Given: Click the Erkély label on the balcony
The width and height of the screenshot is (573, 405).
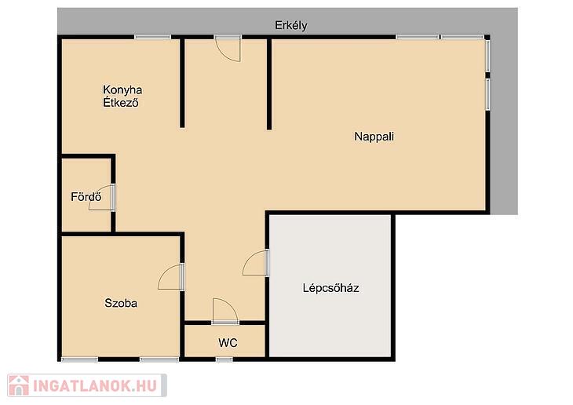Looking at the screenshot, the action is pyautogui.click(x=291, y=26).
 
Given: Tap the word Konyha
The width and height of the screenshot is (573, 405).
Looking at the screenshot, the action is pyautogui.click(x=122, y=90).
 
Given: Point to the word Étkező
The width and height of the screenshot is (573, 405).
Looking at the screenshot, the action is pyautogui.click(x=121, y=102).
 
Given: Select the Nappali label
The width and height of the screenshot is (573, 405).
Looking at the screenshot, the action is pyautogui.click(x=374, y=137).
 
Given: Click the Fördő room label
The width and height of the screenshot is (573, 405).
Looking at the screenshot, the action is pyautogui.click(x=86, y=197).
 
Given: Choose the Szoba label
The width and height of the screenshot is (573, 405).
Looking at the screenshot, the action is pyautogui.click(x=121, y=303).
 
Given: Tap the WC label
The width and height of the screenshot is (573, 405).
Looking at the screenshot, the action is pyautogui.click(x=228, y=343).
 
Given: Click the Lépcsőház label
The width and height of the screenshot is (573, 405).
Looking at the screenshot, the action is pyautogui.click(x=330, y=288).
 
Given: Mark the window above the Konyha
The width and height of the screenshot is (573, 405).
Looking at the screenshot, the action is pyautogui.click(x=152, y=37).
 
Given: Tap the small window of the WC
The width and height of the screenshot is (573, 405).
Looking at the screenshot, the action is pyautogui.click(x=224, y=359).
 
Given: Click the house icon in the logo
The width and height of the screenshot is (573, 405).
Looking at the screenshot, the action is pyautogui.click(x=19, y=385).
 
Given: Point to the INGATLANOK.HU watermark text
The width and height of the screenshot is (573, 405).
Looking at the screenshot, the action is pyautogui.click(x=95, y=385).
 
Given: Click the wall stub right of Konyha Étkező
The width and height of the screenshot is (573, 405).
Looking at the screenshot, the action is pyautogui.click(x=182, y=82).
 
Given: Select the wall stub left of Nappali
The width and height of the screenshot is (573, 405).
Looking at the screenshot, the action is pyautogui.click(x=269, y=84).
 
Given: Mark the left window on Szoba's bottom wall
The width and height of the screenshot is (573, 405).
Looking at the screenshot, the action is pyautogui.click(x=79, y=359).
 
